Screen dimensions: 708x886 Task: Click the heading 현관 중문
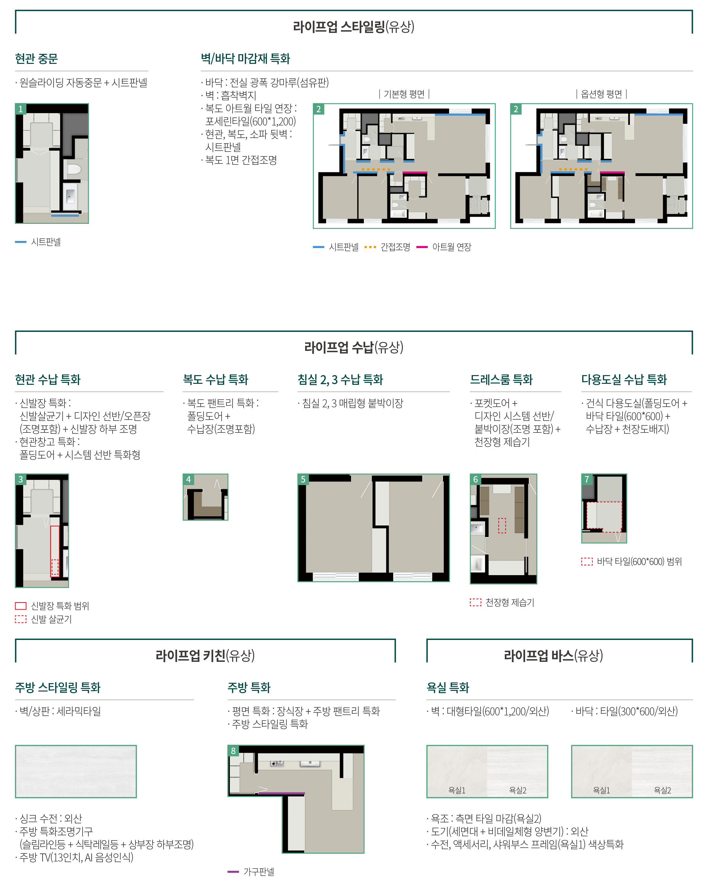(36, 59)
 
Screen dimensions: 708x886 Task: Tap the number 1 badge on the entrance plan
(21, 109)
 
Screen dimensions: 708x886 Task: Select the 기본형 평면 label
(404, 94)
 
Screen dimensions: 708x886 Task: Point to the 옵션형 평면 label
(601, 94)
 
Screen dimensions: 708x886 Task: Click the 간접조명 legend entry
(387, 247)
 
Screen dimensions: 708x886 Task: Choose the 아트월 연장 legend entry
(444, 247)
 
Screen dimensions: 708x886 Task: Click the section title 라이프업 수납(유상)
(354, 347)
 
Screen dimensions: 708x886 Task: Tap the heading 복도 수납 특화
(216, 379)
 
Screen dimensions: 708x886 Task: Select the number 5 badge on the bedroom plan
(303, 479)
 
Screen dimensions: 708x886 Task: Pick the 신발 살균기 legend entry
(44, 619)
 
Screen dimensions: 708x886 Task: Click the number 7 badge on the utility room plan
(587, 479)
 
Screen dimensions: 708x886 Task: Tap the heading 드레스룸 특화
(501, 379)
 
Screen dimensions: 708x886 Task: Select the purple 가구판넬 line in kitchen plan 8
(282, 793)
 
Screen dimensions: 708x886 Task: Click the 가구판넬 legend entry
(251, 871)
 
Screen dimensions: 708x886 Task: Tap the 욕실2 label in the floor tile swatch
(663, 790)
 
